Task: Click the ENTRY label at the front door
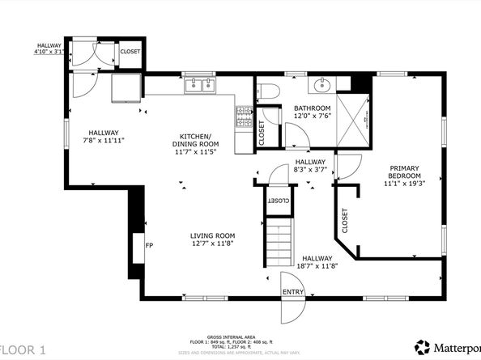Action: pos(292,292)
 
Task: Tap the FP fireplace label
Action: pos(148,245)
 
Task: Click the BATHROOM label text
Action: pos(312,108)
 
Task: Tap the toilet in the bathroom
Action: pos(270,90)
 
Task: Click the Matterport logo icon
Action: pos(422,347)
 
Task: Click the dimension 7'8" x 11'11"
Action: pos(104,141)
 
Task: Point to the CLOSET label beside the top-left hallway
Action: pos(130,52)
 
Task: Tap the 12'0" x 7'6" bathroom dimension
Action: pos(312,116)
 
